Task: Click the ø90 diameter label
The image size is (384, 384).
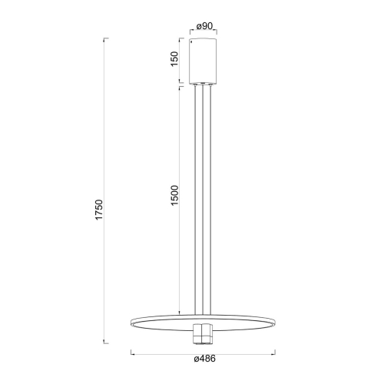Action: tap(204, 26)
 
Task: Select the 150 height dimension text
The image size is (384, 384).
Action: tap(175, 59)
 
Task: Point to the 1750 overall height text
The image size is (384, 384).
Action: tap(99, 210)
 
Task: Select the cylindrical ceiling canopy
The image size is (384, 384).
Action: tap(204, 60)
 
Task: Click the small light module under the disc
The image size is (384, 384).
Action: tap(204, 333)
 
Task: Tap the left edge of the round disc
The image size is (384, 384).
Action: tap(134, 320)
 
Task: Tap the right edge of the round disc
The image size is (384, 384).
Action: tap(276, 320)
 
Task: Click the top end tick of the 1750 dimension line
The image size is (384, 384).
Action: tap(105, 37)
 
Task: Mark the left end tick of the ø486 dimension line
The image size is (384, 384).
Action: tap(132, 353)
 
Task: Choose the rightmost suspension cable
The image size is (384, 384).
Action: tap(211, 200)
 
